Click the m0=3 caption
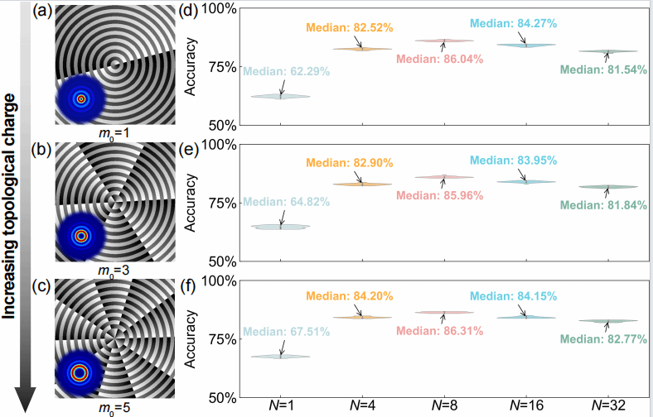click(x=114, y=270)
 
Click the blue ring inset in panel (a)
click(x=81, y=98)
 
